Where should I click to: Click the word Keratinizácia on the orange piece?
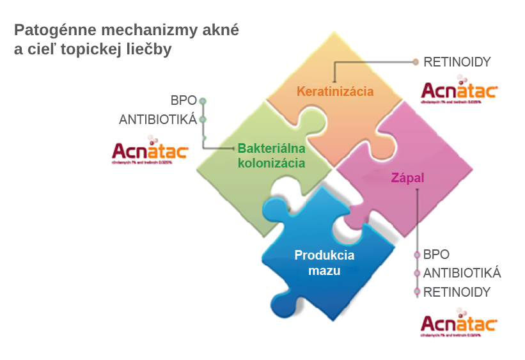335,91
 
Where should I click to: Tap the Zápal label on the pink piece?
407,178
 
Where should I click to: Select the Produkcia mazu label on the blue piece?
324,263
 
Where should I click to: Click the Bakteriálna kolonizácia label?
271,155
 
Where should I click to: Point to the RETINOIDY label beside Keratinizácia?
457,62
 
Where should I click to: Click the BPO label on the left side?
184,101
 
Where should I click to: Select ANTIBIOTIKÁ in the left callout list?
158,120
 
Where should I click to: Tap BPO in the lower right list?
436,254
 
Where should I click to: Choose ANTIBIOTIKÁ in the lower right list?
462,273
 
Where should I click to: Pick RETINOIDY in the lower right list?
457,292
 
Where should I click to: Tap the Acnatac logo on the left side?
150,151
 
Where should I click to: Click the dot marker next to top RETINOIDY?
416,62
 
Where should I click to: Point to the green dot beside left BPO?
203,101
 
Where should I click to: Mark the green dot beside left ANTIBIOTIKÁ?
203,120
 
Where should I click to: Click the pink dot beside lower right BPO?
417,254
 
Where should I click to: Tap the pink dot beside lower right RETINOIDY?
417,292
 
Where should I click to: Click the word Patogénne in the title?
52,30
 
